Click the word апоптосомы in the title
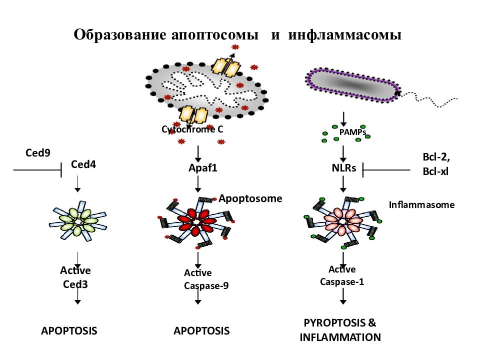coord(215,34)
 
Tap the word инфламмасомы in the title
coord(344,34)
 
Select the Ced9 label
coord(37,153)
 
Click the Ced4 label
coord(83,164)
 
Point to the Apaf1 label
coord(202,168)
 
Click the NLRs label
coord(344,168)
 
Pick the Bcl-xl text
coord(435,171)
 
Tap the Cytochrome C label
coord(192,129)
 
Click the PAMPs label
coord(352,132)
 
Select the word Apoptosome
coord(250,198)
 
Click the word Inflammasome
coord(421,205)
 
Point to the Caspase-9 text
coord(206,285)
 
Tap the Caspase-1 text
coord(342,281)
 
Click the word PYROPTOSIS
coord(335,322)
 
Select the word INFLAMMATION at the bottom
coord(340,337)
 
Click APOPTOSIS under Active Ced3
coord(69,331)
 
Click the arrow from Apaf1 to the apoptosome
coord(198,184)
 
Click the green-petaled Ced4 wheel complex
coord(78,220)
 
